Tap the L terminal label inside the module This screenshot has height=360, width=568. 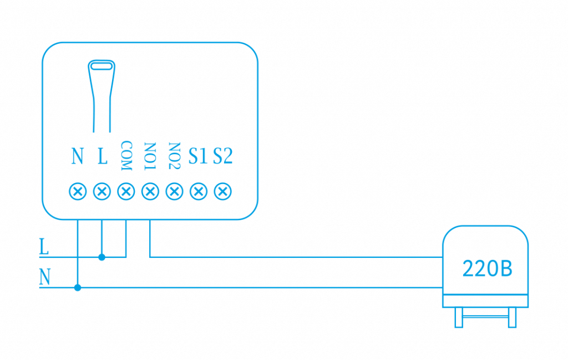click(x=102, y=156)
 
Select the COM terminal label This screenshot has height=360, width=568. click(x=126, y=156)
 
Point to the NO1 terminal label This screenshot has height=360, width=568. click(x=150, y=156)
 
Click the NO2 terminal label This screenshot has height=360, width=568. click(x=174, y=156)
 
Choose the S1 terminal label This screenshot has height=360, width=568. click(x=198, y=156)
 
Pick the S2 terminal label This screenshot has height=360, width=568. click(x=222, y=156)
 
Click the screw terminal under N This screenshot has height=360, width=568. click(x=78, y=191)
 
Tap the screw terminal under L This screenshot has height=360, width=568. click(x=102, y=191)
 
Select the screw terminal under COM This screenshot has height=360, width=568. click(x=126, y=191)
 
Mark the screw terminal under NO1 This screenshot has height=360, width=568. click(x=150, y=191)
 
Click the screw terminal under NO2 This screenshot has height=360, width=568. click(x=174, y=191)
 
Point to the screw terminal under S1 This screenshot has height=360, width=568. click(x=198, y=191)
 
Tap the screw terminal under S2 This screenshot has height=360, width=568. click(x=222, y=191)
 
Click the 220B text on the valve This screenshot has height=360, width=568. click(x=487, y=270)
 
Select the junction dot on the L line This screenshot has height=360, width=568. click(x=102, y=257)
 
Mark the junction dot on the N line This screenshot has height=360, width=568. click(x=78, y=287)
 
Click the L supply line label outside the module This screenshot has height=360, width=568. click(x=44, y=247)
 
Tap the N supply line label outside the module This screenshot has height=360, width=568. click(x=44, y=277)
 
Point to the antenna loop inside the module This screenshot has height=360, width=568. click(x=102, y=67)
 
